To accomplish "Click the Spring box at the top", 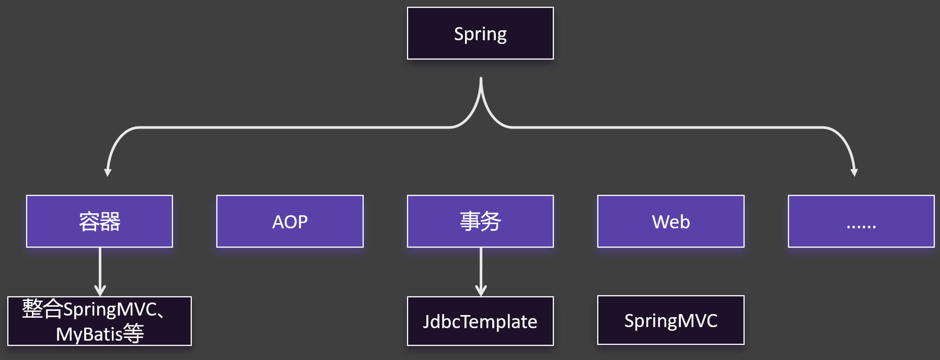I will click(x=480, y=33).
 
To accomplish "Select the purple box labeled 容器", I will click(x=99, y=221).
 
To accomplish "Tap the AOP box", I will click(x=289, y=221).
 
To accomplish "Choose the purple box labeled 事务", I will click(x=480, y=221).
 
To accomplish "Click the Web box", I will click(x=670, y=221).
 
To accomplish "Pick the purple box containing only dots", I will click(x=861, y=221).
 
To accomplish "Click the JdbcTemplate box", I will click(x=480, y=321).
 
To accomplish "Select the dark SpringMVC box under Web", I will click(x=670, y=320).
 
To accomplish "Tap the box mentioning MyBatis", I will click(x=99, y=321).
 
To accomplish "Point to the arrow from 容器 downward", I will click(x=100, y=272).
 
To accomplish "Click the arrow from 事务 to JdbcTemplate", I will click(x=481, y=272).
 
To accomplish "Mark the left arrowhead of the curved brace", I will click(x=108, y=172).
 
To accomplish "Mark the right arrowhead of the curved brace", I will click(x=854, y=172).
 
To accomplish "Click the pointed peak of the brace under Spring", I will click(x=481, y=80).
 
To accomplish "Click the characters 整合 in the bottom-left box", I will click(x=42, y=309).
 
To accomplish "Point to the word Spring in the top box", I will click(x=480, y=34).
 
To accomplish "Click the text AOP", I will click(x=289, y=222).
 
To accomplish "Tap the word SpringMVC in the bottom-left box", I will click(x=110, y=309).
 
